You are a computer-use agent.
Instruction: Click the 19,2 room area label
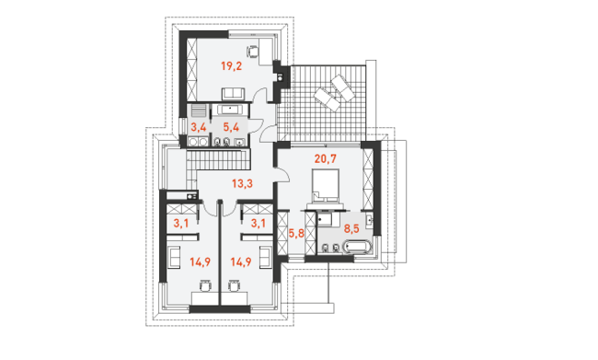pos(231,66)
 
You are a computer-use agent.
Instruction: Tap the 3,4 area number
pos(199,127)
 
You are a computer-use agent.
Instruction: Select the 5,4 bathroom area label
pos(231,127)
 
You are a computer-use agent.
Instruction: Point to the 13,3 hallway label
pos(242,184)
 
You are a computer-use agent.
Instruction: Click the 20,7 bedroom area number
pos(326,158)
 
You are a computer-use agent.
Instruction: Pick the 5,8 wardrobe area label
pos(296,233)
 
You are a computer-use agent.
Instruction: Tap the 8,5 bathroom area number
pos(351,229)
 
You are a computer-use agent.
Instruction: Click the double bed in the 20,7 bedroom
pos(326,186)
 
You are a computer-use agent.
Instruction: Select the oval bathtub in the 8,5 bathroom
pos(357,247)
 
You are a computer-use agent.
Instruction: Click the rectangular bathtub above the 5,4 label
pos(230,110)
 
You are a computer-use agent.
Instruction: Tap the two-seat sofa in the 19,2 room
pos(233,93)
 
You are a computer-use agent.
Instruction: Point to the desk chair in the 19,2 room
pos(252,52)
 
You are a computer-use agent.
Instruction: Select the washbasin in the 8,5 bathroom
pos(369,220)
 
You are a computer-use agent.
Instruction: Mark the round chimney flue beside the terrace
pos(281,77)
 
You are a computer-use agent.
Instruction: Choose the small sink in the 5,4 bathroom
pos(239,143)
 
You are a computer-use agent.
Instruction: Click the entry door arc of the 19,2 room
pos(262,94)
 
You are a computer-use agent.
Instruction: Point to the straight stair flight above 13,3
pos(218,159)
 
